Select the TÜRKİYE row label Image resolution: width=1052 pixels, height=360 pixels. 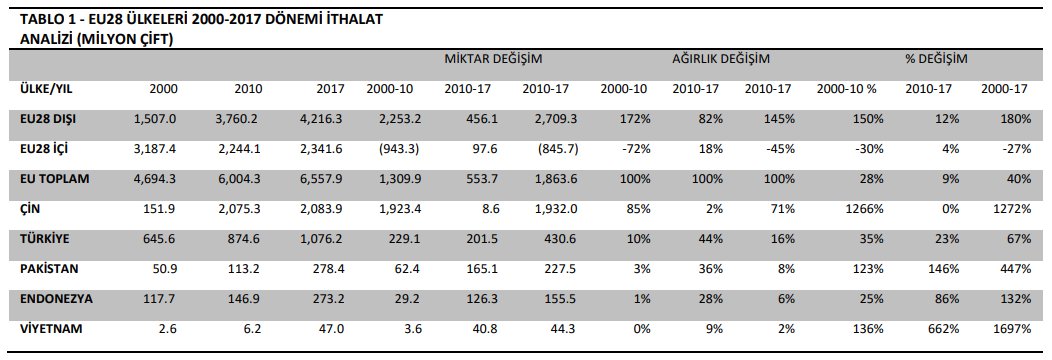[46, 239]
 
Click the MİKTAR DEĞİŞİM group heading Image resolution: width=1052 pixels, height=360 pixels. [493, 59]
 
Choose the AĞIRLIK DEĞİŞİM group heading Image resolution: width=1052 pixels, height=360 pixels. [721, 59]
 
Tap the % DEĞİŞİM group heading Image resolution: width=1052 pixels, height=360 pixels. [936, 59]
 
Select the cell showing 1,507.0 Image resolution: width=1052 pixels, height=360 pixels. [154, 119]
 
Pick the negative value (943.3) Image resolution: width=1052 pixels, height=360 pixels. [399, 149]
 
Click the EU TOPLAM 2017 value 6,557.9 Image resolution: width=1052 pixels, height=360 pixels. [321, 179]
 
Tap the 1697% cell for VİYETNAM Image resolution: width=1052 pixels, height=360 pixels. [1014, 328]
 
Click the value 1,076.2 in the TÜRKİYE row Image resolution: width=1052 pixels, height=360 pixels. [321, 239]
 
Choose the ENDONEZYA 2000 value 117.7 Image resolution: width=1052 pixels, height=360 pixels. [160, 298]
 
